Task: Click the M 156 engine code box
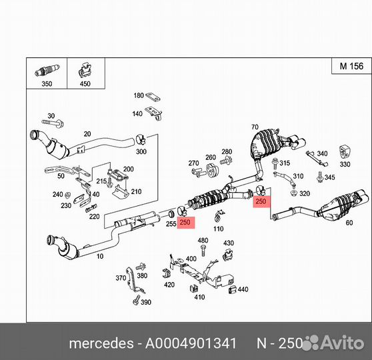[x=351, y=66]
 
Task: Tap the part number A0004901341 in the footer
[x=191, y=343]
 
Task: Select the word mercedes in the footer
[x=101, y=343]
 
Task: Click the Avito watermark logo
[x=334, y=343]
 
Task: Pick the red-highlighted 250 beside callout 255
[x=185, y=223]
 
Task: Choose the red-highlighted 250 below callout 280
[x=261, y=201]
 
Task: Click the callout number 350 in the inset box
[x=47, y=84]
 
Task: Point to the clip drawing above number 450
[x=85, y=70]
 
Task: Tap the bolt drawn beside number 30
[x=53, y=123]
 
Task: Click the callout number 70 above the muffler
[x=255, y=127]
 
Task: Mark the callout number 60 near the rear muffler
[x=349, y=223]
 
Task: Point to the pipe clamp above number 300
[x=141, y=139]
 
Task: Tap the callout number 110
[x=218, y=229]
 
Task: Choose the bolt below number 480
[x=203, y=251]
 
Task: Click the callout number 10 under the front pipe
[x=100, y=256]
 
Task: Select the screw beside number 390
[x=137, y=300]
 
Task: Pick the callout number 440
[x=243, y=289]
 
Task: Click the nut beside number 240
[x=67, y=195]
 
